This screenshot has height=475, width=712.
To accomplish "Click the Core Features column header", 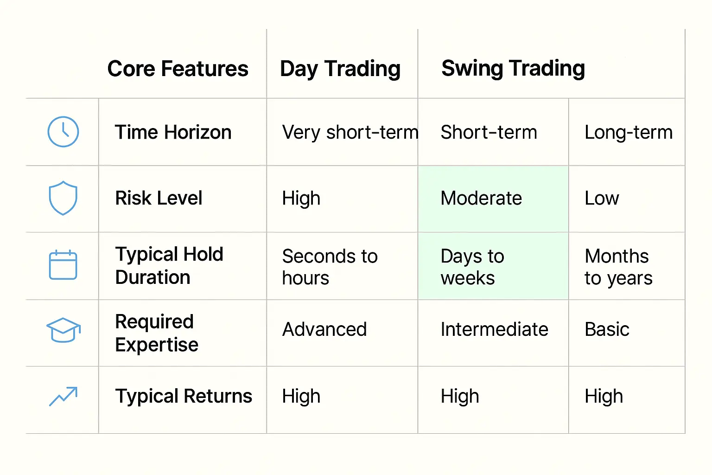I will (x=178, y=69).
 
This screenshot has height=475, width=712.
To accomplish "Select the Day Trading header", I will (x=340, y=69).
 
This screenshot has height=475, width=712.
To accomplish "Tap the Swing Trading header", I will (x=513, y=68).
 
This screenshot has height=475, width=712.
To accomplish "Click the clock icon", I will (x=63, y=132).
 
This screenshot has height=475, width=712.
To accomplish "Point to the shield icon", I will (x=63, y=198).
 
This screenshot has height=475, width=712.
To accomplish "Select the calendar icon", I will (x=63, y=265).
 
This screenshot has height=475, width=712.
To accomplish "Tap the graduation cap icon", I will (x=63, y=330).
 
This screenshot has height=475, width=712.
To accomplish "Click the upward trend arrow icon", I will (x=63, y=396).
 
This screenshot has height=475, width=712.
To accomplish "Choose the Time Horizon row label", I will (x=173, y=132).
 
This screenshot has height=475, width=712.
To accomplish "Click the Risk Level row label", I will (x=159, y=198).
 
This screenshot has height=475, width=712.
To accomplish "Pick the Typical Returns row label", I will (x=184, y=396).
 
